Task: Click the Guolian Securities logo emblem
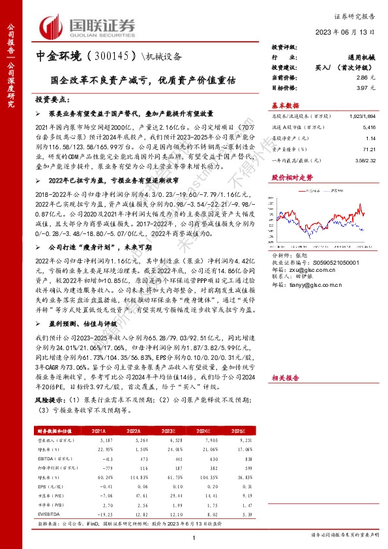coord(50,26)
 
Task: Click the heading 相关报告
coord(285,378)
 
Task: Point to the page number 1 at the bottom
coord(194,537)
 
